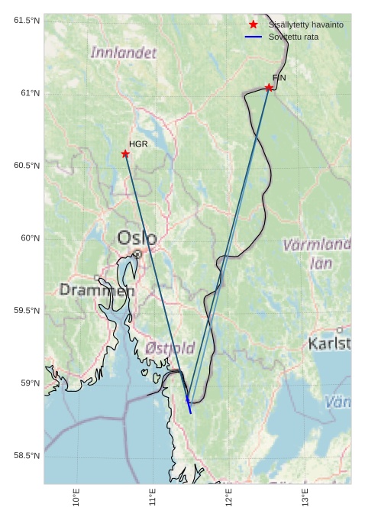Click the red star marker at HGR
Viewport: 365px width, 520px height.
125,154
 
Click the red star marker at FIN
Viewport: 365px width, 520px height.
269,88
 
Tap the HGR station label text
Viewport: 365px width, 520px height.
138,144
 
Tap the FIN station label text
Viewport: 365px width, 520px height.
279,78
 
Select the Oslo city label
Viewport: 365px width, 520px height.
137,238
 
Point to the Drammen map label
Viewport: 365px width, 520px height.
97,290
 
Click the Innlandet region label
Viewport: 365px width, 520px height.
123,53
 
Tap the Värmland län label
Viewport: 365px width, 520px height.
317,254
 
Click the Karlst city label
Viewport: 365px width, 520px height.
329,344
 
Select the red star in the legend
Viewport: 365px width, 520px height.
254,24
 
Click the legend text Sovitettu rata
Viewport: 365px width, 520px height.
294,37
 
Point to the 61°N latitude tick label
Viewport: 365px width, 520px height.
27,93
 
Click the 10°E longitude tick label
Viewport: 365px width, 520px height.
76,496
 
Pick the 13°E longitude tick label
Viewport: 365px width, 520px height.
305,496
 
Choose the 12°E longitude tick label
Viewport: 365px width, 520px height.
229,496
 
